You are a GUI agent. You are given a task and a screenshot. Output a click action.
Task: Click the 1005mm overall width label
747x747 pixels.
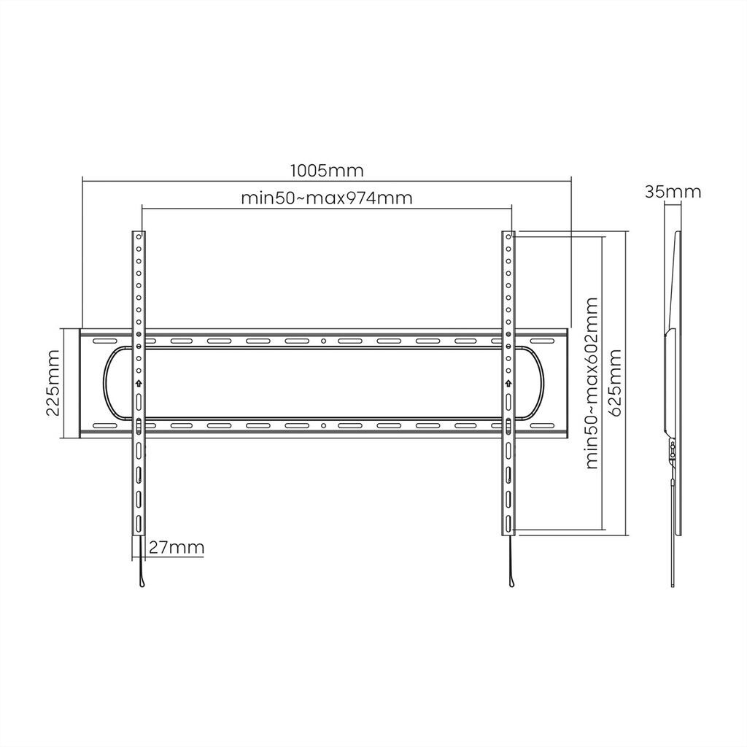(326, 171)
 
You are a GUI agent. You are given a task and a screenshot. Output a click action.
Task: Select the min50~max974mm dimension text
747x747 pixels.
(326, 198)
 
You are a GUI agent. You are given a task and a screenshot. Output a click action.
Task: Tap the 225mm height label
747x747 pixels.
(53, 382)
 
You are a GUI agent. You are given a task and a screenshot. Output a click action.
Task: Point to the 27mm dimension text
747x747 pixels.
(176, 548)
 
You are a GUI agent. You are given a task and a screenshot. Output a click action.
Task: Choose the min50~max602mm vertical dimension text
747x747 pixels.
(590, 382)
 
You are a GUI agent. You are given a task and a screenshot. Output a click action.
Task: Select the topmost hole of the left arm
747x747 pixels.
(138, 237)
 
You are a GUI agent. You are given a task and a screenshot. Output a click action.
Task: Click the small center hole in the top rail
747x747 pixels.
(323, 341)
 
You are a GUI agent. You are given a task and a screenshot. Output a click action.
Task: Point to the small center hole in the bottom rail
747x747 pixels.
(323, 425)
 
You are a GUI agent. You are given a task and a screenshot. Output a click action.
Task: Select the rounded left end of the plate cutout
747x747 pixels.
(107, 382)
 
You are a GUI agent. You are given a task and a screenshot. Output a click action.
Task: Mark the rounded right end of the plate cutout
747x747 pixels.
(541, 382)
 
